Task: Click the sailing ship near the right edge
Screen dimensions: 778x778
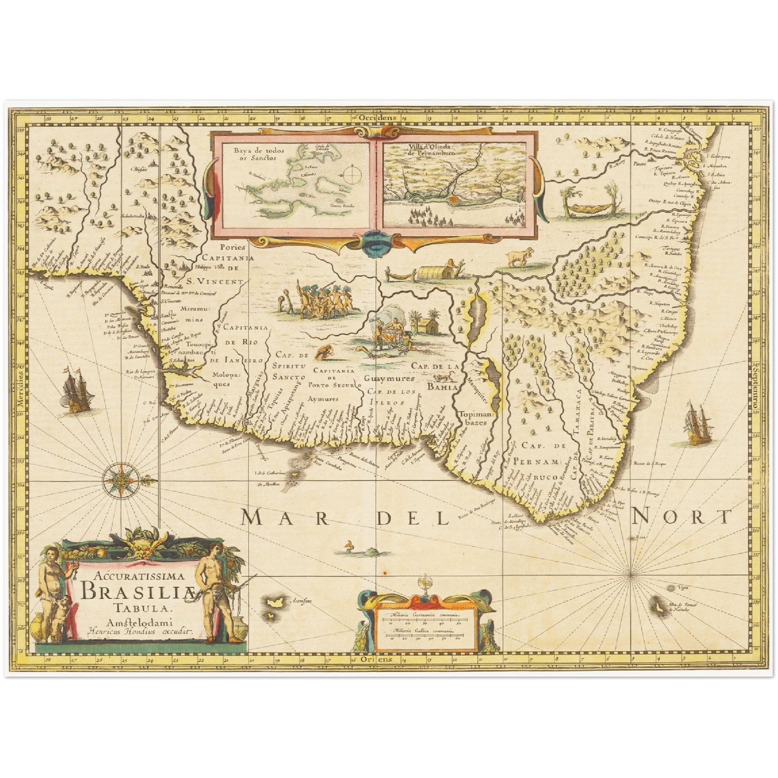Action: coord(698,424)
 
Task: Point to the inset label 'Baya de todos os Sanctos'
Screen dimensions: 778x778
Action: coord(255,155)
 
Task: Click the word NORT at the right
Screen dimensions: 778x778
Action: coord(682,516)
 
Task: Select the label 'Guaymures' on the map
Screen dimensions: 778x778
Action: coord(388,379)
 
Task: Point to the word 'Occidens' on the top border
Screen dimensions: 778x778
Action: coord(377,117)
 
